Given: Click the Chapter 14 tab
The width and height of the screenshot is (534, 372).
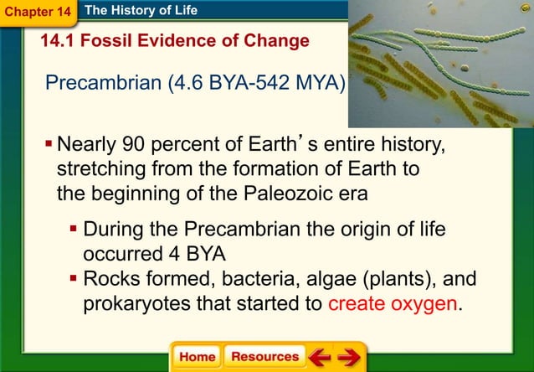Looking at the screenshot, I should [38, 13].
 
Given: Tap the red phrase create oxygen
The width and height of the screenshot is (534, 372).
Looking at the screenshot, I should [393, 302].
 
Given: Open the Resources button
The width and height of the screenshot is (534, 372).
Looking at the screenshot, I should [264, 356].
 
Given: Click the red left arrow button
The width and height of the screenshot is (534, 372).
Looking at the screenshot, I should [319, 357].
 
